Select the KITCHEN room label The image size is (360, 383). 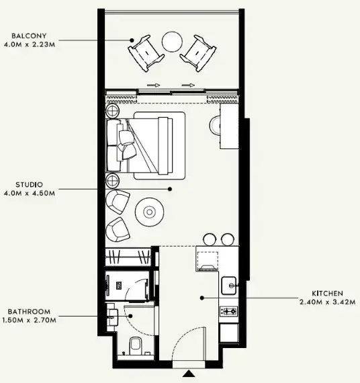click(327, 294)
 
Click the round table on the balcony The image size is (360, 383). click(173, 42)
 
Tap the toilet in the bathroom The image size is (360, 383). click(134, 346)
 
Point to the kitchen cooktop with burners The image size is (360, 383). click(229, 311)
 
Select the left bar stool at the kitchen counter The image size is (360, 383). click(209, 238)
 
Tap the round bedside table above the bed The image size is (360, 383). click(112, 108)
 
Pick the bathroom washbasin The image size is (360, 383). click(113, 316)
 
